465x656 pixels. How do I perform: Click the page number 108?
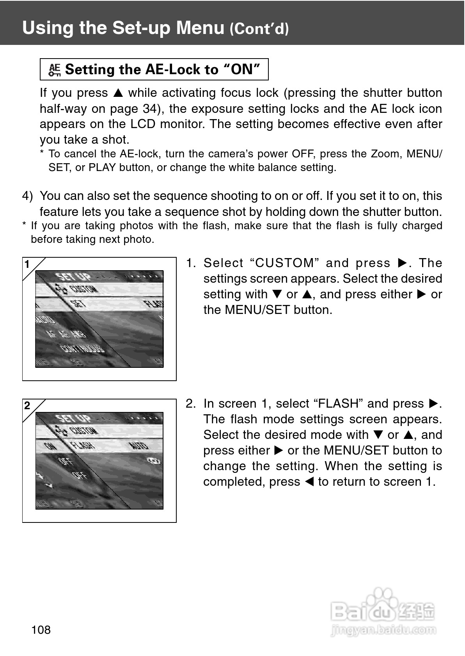tap(41, 629)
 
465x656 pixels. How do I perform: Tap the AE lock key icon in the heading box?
tap(54, 70)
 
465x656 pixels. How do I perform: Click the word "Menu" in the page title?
tap(200, 28)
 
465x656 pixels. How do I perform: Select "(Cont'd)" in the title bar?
tap(259, 29)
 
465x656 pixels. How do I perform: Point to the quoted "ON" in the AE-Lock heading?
tap(241, 69)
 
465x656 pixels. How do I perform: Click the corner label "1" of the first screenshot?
tap(27, 264)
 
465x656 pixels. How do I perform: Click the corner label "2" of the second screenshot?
tap(27, 406)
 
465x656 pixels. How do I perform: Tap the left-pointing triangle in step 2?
tap(309, 482)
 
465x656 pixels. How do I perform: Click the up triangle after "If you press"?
tap(118, 93)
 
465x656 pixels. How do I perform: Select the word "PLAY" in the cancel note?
tap(102, 168)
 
